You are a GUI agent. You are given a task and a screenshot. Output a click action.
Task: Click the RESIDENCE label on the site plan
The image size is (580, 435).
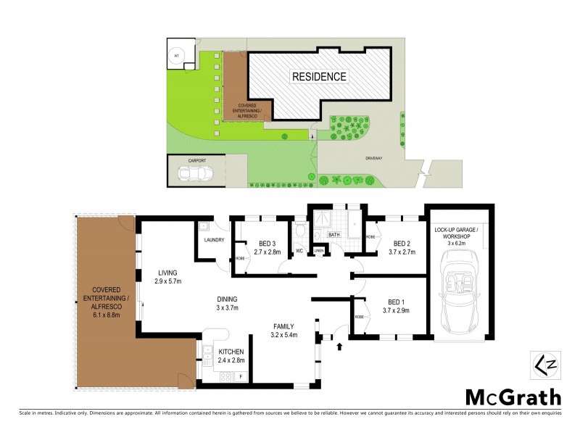(x=319, y=76)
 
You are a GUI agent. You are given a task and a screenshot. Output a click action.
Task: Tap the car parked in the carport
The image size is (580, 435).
(x=195, y=174)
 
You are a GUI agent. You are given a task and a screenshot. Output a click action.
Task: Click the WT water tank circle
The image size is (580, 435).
(x=176, y=55)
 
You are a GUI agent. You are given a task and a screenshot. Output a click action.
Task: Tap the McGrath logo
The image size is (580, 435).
(x=513, y=397)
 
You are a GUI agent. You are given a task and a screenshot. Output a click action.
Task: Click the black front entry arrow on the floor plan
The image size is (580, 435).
(x=339, y=347)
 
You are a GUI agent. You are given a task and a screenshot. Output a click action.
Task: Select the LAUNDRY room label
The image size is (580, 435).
(x=215, y=240)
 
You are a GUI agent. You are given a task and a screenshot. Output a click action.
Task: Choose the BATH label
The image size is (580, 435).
(x=334, y=235)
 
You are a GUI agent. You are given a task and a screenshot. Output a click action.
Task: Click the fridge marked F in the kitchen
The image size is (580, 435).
(x=239, y=376)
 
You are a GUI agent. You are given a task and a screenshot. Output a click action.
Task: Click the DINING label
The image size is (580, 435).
(x=227, y=298)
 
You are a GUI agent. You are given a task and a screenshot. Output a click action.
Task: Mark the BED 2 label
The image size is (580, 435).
(x=402, y=243)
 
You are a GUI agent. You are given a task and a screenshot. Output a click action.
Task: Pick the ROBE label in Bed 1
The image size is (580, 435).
(x=359, y=318)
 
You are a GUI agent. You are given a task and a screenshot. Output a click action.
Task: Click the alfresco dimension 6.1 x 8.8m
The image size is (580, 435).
(x=104, y=315)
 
